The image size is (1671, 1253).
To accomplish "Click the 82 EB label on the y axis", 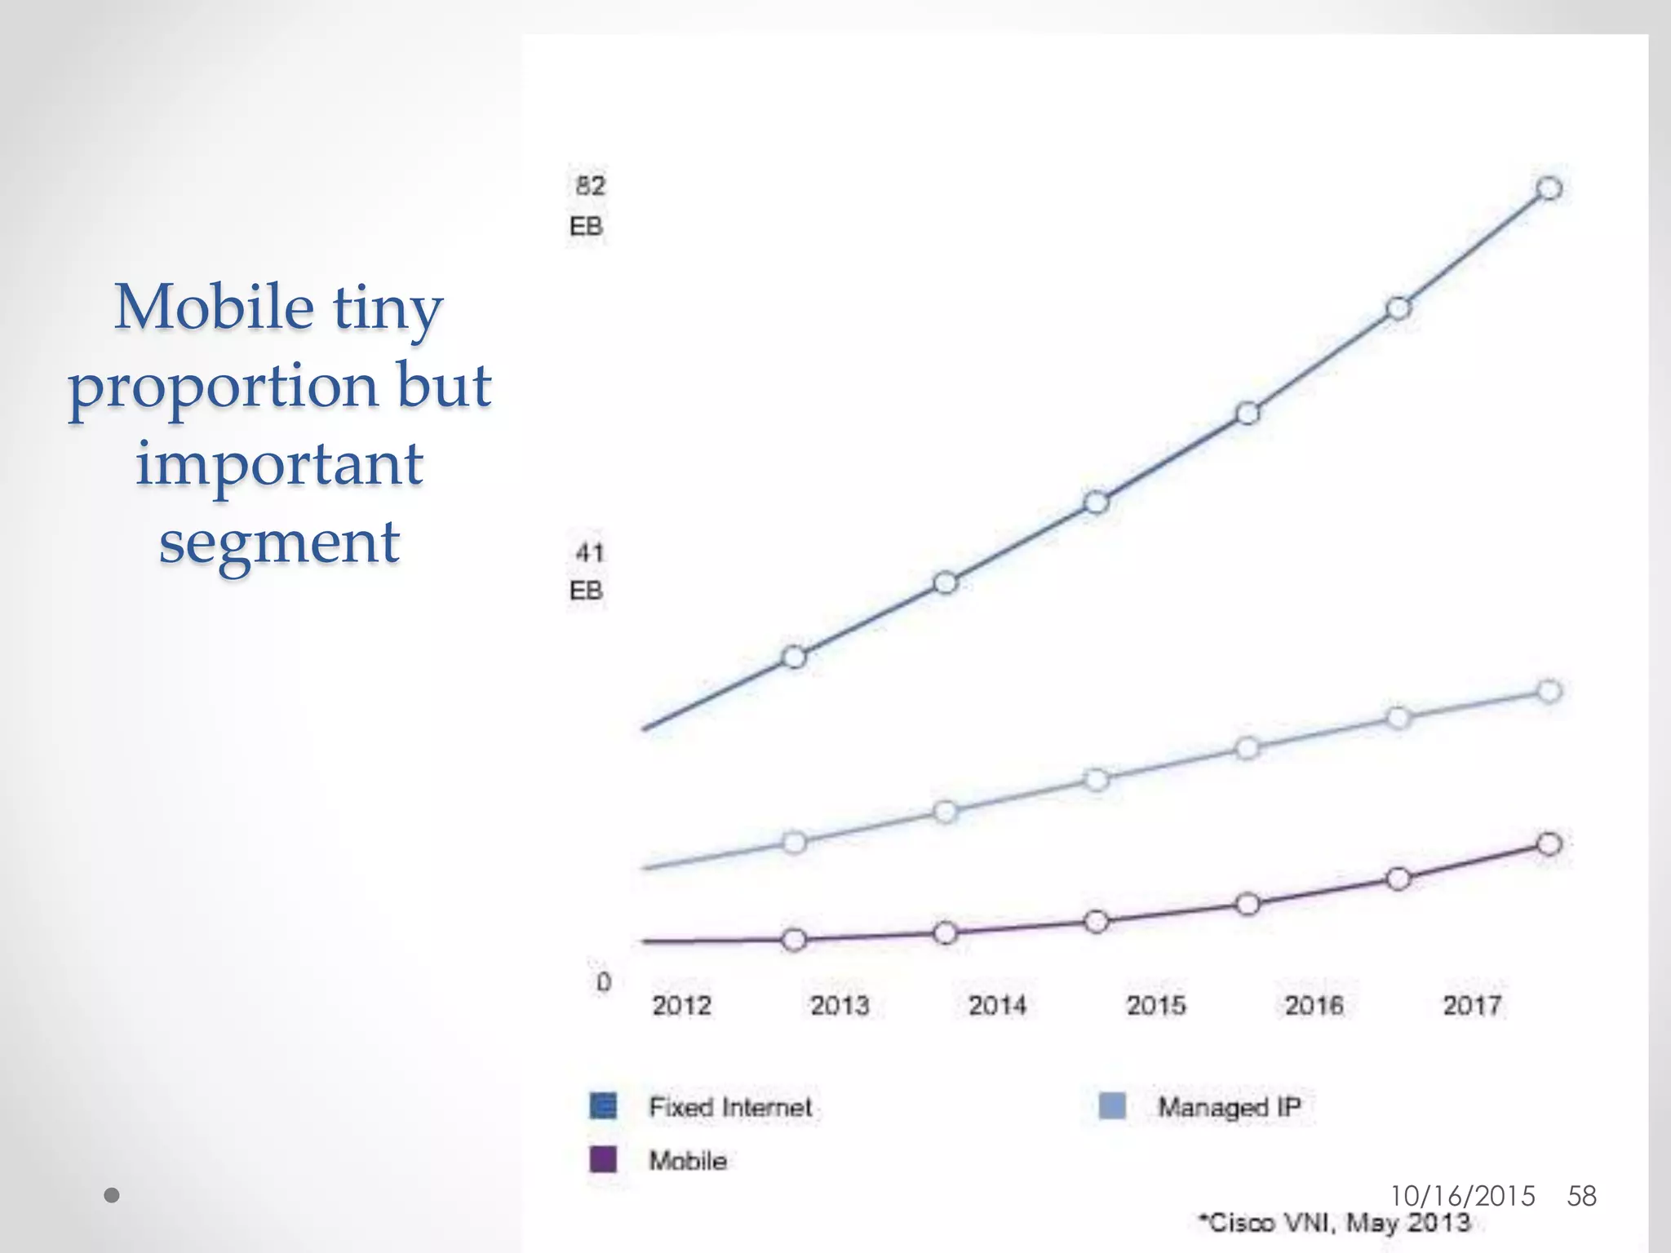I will pos(588,205).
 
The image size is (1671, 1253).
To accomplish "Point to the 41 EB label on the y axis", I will pos(587,571).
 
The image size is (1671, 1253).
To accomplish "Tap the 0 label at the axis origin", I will pos(603,982).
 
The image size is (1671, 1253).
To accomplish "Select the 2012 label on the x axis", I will pos(681,1005).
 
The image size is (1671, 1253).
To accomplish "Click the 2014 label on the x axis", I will pos(997,1005).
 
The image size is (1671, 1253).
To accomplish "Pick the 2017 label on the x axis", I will pos(1472,1005).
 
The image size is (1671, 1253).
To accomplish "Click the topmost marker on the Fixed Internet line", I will pos(1549,188).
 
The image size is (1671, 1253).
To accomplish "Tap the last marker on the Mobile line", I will pos(1549,843).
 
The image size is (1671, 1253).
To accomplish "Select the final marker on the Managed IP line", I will pos(1549,691).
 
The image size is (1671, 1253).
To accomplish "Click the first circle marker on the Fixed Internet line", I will pos(794,657).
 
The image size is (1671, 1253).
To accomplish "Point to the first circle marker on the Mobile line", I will pos(794,940).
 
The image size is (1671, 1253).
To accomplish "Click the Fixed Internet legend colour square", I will pos(603,1106).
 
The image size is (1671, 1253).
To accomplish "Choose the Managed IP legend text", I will pos(1229,1107).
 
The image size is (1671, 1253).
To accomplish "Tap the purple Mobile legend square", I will pos(603,1159).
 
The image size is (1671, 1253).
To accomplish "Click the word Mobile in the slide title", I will pos(214,308).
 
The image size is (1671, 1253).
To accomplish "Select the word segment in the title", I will pos(279,542).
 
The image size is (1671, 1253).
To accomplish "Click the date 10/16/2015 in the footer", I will pos(1462,1196).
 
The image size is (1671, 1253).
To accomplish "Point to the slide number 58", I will pos(1581,1196).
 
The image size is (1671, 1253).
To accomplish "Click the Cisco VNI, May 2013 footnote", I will pos(1335,1223).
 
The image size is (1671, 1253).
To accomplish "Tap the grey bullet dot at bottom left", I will pos(113,1196).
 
